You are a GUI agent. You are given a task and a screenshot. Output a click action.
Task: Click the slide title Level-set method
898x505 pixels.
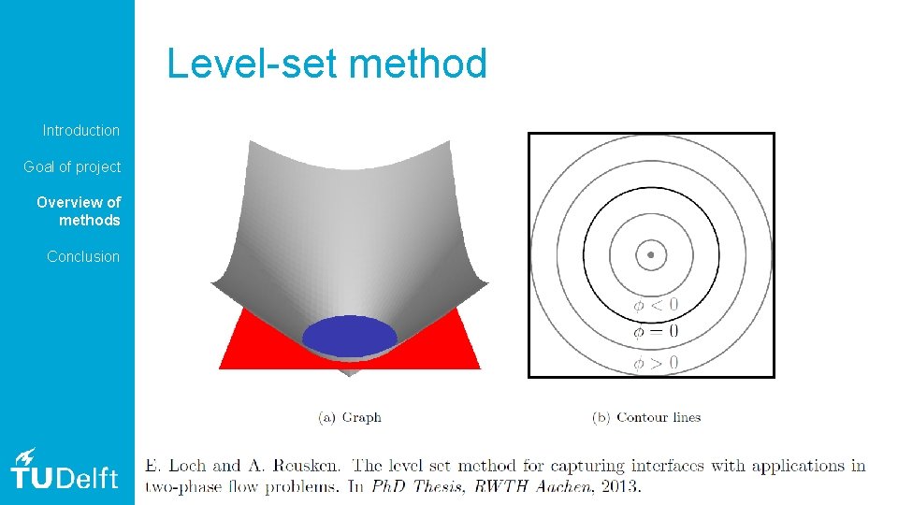click(326, 64)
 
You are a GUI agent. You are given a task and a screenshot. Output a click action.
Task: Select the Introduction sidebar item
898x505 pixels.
click(81, 130)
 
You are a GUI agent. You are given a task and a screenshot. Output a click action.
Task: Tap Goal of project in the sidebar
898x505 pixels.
click(72, 166)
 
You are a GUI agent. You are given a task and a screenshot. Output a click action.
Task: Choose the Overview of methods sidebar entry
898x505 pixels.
click(80, 211)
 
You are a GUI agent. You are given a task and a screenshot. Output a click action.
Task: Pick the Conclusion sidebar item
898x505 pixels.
click(83, 256)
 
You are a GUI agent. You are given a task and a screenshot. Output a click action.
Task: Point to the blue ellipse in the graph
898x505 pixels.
click(350, 337)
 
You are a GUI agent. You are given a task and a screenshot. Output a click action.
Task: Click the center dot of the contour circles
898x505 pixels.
click(651, 254)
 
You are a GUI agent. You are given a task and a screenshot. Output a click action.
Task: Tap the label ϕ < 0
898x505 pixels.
click(656, 305)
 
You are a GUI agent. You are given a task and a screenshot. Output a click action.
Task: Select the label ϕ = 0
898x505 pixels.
click(656, 331)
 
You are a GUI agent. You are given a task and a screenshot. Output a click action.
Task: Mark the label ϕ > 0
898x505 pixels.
click(656, 363)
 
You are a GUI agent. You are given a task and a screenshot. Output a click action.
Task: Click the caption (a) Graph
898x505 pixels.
click(350, 417)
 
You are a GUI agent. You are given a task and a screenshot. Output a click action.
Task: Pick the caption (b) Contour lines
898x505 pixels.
click(646, 417)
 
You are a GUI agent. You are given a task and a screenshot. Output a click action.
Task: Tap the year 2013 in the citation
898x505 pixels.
click(620, 485)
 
